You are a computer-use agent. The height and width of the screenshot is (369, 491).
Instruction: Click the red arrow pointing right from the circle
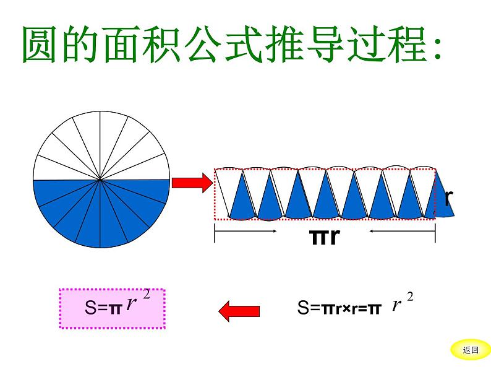click(x=191, y=183)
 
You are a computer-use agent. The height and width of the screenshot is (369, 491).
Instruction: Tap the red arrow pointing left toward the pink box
click(x=239, y=310)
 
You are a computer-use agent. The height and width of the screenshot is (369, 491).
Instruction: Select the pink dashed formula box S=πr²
click(x=112, y=308)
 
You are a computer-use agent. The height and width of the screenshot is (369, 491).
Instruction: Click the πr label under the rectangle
click(x=324, y=236)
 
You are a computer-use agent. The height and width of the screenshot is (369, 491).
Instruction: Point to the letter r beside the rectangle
click(x=449, y=198)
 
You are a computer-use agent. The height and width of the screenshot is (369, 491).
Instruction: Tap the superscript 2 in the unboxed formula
click(x=410, y=298)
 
